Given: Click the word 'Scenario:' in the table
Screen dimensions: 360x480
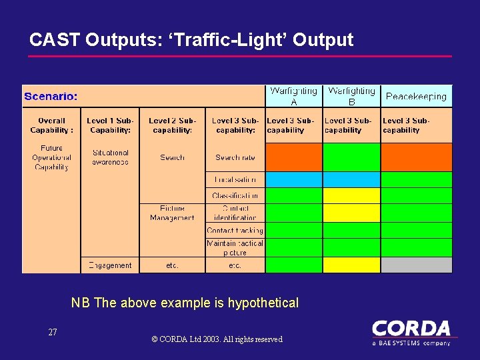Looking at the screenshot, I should [x=51, y=97].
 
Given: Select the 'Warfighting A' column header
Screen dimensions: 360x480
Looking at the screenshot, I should [x=294, y=96].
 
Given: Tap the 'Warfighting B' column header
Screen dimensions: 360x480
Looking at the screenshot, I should [x=351, y=96].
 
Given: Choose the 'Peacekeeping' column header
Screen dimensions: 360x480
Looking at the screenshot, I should [x=416, y=97].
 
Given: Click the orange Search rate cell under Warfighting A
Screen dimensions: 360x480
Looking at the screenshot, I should [x=294, y=157].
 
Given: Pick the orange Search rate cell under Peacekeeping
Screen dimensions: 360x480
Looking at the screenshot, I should [x=416, y=157].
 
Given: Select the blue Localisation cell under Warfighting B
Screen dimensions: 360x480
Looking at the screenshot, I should [x=351, y=179].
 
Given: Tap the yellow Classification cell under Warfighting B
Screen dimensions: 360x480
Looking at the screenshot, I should [x=351, y=195].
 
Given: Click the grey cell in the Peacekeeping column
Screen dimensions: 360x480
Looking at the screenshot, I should [x=416, y=265].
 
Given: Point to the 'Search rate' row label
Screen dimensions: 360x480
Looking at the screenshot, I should [x=235, y=157].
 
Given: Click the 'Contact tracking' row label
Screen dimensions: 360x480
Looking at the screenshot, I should [x=235, y=230].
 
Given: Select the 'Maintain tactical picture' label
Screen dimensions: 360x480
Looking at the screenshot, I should [x=235, y=247].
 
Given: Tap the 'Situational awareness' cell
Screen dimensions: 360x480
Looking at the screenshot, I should [x=110, y=157].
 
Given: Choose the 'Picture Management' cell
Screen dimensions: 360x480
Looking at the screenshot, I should [x=172, y=213].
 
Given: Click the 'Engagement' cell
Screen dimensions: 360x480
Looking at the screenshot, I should [x=110, y=265].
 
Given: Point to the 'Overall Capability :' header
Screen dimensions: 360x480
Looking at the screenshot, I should [x=51, y=125].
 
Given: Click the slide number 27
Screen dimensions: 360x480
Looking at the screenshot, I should [x=53, y=332].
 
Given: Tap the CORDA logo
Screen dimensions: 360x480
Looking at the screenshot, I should [x=411, y=332].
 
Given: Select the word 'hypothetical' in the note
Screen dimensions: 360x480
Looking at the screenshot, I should [x=263, y=303].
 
